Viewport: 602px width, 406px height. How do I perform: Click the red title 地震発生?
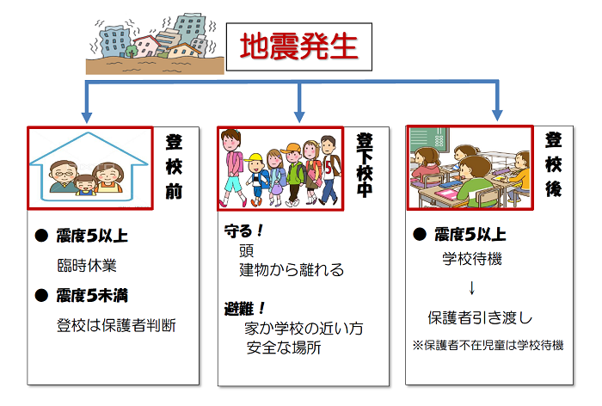[x=298, y=46]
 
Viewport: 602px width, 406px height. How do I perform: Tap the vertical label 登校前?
[x=174, y=167]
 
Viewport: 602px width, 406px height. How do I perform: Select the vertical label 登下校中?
[x=365, y=165]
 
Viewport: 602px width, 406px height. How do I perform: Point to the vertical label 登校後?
[x=554, y=164]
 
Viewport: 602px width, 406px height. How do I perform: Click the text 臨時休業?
[x=87, y=266]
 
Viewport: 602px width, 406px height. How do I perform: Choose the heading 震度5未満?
[x=92, y=295]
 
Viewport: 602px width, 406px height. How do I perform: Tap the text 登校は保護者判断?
[x=116, y=325]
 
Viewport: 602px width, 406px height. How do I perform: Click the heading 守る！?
[x=243, y=231]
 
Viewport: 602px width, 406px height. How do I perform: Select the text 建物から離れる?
[x=292, y=269]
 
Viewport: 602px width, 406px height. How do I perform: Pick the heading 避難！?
[x=244, y=309]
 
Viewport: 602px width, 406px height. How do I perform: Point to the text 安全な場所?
[x=284, y=348]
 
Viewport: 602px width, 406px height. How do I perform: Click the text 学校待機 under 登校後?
[x=472, y=259]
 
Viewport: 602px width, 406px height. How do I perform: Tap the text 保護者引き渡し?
[x=480, y=317]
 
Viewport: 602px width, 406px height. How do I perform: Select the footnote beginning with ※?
[x=488, y=345]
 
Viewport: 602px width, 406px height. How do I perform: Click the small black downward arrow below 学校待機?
[x=472, y=288]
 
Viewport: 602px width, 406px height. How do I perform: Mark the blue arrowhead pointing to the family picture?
[x=87, y=117]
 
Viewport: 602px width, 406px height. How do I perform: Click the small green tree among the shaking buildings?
[x=132, y=51]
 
